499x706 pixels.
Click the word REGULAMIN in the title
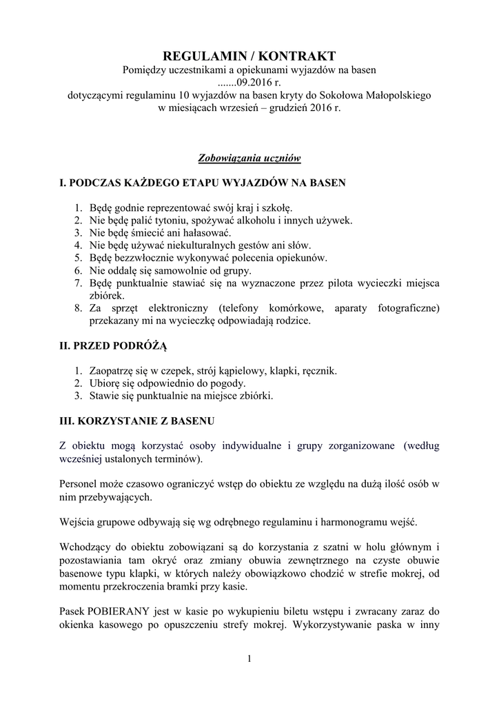[201, 54]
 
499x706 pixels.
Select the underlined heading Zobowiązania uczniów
[249, 158]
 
